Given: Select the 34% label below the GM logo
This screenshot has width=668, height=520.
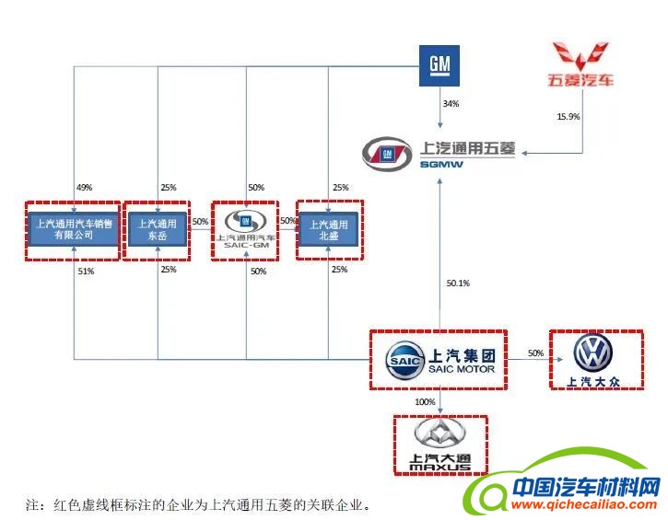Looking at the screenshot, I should pyautogui.click(x=451, y=104).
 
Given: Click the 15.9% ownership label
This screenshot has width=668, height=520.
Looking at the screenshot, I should pyautogui.click(x=568, y=117).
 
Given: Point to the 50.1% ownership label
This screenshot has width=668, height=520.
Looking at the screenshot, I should pyautogui.click(x=458, y=283).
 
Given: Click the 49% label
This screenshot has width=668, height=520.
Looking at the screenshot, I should pyautogui.click(x=85, y=188).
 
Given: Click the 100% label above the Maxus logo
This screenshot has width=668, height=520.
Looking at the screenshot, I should pyautogui.click(x=425, y=402).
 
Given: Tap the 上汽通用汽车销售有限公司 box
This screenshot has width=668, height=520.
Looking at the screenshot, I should pyautogui.click(x=74, y=228).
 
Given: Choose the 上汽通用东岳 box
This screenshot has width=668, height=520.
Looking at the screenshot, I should pyautogui.click(x=157, y=228).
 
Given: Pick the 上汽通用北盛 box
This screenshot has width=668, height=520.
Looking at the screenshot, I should pyautogui.click(x=329, y=228).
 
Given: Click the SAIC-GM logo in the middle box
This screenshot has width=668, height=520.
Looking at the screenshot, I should pyautogui.click(x=245, y=226).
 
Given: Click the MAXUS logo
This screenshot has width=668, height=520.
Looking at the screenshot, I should pyautogui.click(x=439, y=444).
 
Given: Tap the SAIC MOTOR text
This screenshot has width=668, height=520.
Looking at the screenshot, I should pyautogui.click(x=462, y=369).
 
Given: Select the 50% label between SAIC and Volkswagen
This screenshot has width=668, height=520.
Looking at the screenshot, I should pyautogui.click(x=535, y=353).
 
